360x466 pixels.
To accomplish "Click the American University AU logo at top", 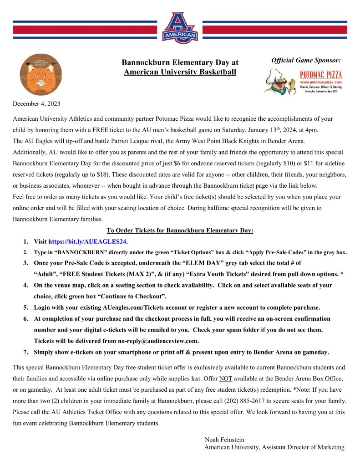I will click(180, 28).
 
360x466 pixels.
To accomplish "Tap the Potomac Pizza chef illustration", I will click(280, 82).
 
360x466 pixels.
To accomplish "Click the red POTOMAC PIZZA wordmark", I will click(321, 74).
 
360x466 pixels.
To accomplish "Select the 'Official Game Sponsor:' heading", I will click(306, 60).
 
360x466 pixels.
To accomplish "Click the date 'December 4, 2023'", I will click(36, 104).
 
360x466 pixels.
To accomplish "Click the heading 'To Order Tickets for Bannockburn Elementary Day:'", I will click(180, 230).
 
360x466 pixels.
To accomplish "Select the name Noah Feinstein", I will click(225, 440).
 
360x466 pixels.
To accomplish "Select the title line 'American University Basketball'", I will click(180, 72).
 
